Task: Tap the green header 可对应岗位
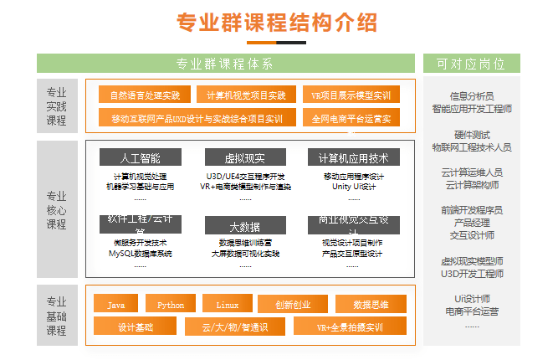point(471,64)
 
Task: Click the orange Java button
point(115,305)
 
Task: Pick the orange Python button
point(171,305)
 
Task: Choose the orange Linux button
point(227,305)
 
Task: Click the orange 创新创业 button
point(292,305)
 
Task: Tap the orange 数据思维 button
point(371,305)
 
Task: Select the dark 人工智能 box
point(140,157)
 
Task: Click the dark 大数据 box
point(244,226)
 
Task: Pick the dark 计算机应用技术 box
point(353,157)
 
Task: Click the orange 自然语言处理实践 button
point(145,95)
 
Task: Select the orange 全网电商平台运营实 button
point(351,119)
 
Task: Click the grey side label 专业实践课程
point(56,105)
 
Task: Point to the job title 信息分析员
point(471,96)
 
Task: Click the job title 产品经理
point(471,223)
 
